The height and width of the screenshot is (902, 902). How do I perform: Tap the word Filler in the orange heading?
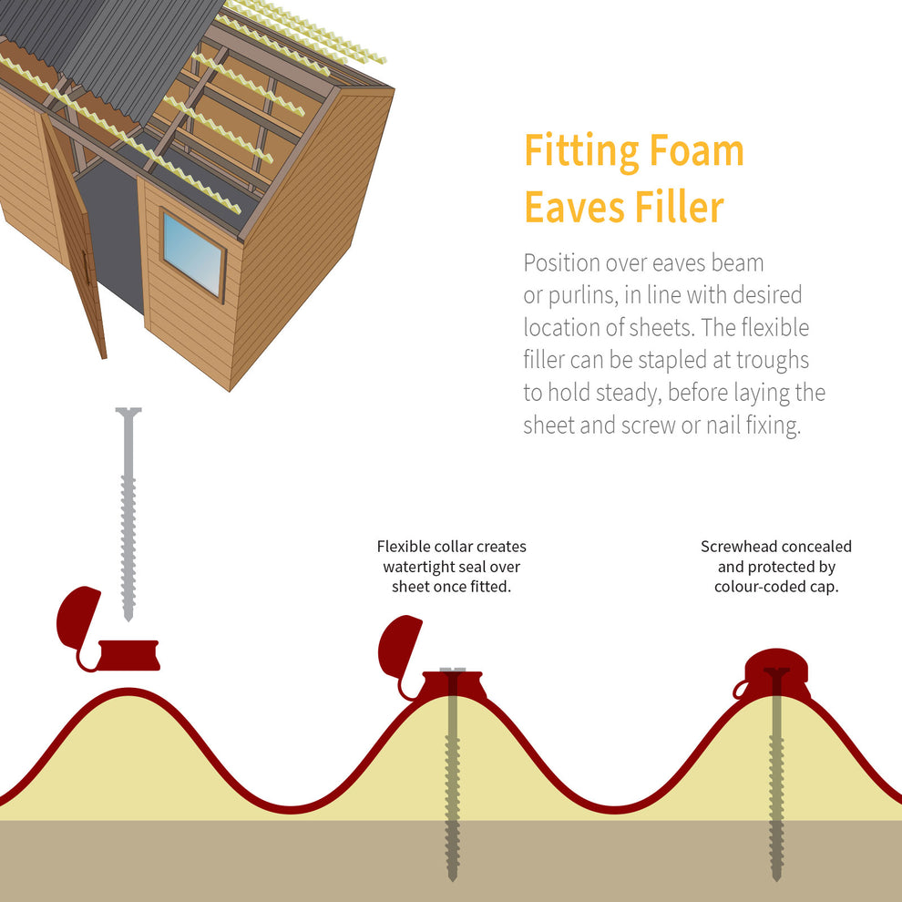(678, 207)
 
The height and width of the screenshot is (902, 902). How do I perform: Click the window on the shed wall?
(192, 254)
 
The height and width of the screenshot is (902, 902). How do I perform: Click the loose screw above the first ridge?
(128, 510)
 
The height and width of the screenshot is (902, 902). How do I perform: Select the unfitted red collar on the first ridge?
(129, 653)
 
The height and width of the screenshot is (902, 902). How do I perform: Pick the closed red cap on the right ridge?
(777, 671)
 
